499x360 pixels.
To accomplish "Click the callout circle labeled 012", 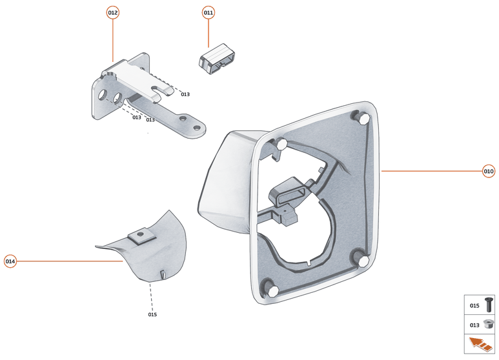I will point(113,13).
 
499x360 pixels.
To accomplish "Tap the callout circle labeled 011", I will point(209,13).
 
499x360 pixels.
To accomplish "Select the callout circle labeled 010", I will point(489,171).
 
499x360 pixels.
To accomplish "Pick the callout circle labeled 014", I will point(10,261).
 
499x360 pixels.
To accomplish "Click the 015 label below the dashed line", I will point(152,315).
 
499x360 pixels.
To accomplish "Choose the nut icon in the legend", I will point(488,325).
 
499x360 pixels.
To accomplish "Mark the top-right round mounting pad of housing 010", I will point(362,119).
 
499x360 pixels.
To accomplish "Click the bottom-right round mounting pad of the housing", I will point(363,260).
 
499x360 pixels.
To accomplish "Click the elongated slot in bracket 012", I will point(163,90).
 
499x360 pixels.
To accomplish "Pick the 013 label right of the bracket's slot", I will point(185,95).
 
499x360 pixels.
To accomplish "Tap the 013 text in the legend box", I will point(474,325).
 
